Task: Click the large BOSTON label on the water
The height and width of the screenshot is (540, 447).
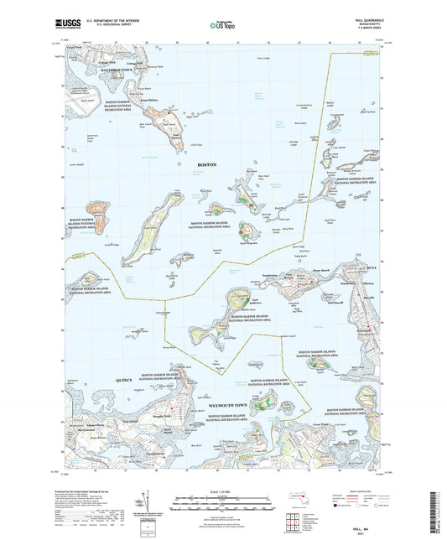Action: coord(206,164)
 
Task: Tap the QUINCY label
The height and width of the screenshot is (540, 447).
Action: coord(122,380)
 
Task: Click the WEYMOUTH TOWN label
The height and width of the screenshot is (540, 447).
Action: coord(231,404)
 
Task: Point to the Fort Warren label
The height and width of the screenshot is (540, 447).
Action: coord(249,242)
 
